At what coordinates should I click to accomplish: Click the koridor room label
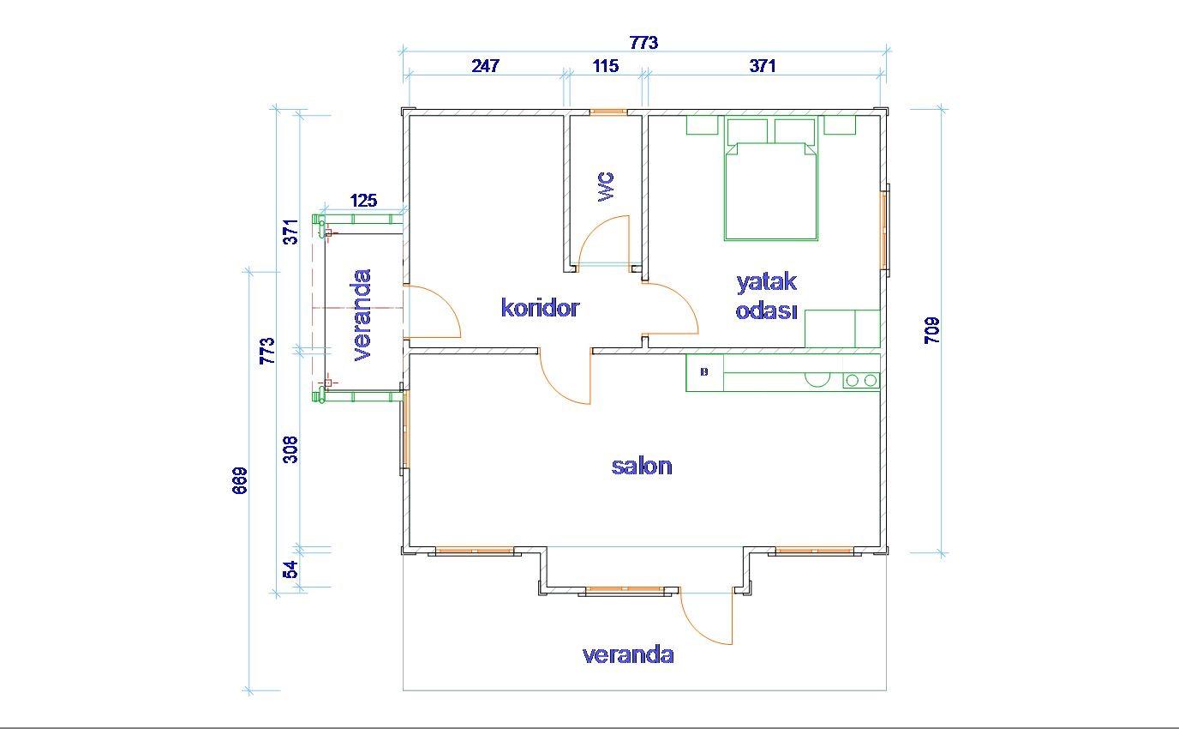[540, 308]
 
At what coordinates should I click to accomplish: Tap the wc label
[606, 186]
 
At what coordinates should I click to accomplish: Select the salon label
[642, 467]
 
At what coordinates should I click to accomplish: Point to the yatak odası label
[766, 297]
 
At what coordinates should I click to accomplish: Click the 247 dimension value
[485, 66]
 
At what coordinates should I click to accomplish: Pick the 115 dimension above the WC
[605, 66]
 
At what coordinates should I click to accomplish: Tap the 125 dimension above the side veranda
[363, 200]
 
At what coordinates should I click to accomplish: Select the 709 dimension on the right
[932, 330]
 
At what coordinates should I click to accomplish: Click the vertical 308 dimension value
[290, 449]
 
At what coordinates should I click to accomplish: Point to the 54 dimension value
[290, 569]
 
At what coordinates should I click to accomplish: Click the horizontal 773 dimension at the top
[643, 43]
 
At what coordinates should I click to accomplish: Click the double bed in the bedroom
[771, 179]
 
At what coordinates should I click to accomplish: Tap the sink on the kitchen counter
[817, 379]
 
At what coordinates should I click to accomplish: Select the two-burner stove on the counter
[861, 380]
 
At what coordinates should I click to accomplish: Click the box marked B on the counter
[704, 372]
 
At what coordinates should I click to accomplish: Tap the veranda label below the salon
[628, 654]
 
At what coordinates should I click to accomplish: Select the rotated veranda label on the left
[362, 315]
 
